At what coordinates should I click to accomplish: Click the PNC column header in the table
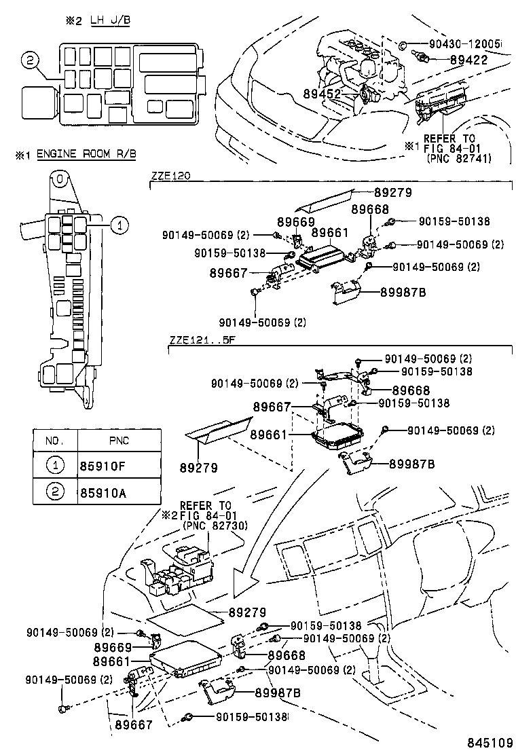click(x=118, y=441)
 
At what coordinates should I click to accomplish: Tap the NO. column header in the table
click(x=55, y=441)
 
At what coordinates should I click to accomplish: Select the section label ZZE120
click(x=170, y=175)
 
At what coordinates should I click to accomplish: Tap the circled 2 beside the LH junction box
click(x=29, y=60)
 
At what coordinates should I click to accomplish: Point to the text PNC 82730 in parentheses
click(x=214, y=525)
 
